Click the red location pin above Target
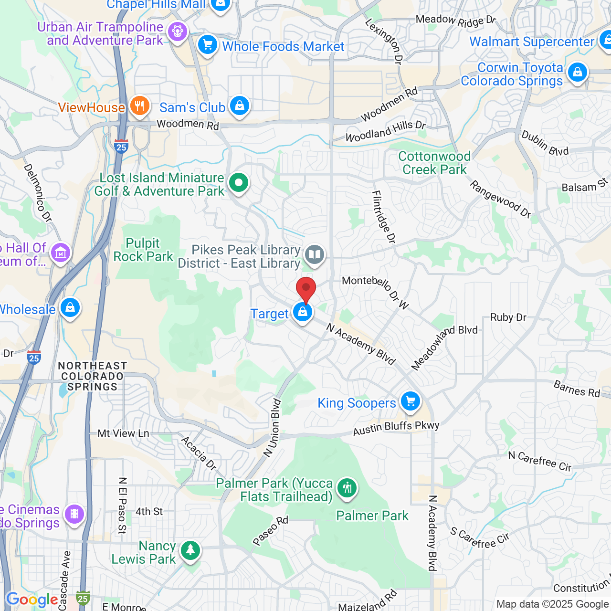click(x=306, y=288)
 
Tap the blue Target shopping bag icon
click(x=303, y=313)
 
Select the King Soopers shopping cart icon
click(x=410, y=401)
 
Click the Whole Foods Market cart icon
click(x=208, y=45)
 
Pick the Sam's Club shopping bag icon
click(x=239, y=106)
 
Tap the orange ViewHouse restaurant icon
click(x=139, y=106)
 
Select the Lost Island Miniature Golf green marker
click(x=239, y=182)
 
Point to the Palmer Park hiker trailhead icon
click(x=347, y=488)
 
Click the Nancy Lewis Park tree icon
click(x=190, y=550)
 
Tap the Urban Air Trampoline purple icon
click(x=178, y=32)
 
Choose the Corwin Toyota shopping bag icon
click(x=577, y=73)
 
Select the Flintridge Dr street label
click(x=384, y=217)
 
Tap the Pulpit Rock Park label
click(x=143, y=250)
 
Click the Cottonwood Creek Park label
click(x=434, y=163)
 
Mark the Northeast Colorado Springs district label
click(x=92, y=376)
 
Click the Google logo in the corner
click(x=32, y=600)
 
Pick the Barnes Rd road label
click(x=577, y=389)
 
